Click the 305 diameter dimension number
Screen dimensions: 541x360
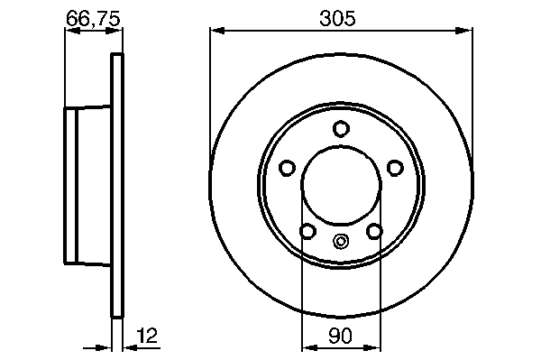(336, 18)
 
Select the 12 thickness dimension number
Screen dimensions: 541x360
(147, 335)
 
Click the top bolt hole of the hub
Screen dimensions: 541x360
(341, 129)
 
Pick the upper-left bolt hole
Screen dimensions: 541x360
(287, 168)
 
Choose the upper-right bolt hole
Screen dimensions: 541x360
(395, 168)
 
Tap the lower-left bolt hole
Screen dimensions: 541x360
(307, 231)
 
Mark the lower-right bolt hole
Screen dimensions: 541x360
(374, 231)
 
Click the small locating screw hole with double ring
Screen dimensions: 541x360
(341, 241)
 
